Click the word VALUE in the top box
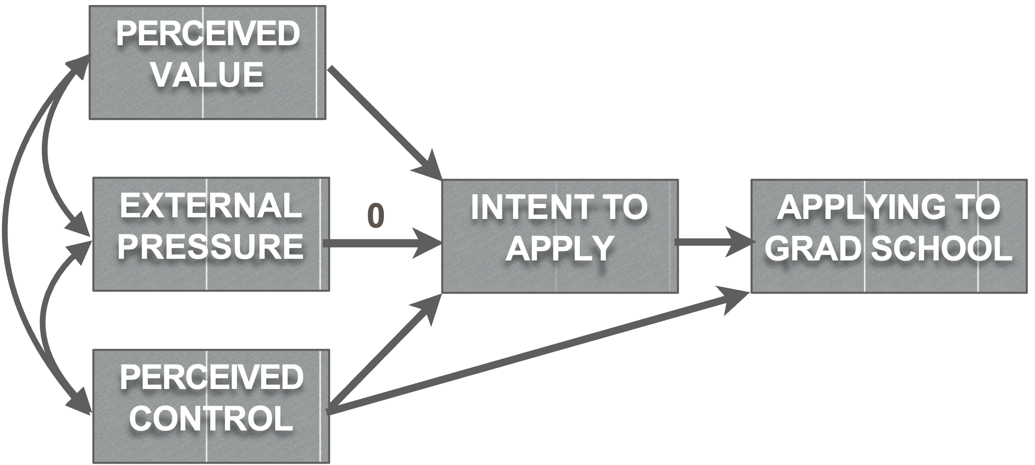[x=208, y=75]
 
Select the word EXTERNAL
[x=211, y=206]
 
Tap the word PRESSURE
[x=211, y=246]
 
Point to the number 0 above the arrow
[x=376, y=216]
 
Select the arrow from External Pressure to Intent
[x=378, y=244]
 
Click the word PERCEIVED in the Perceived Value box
[x=208, y=35]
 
